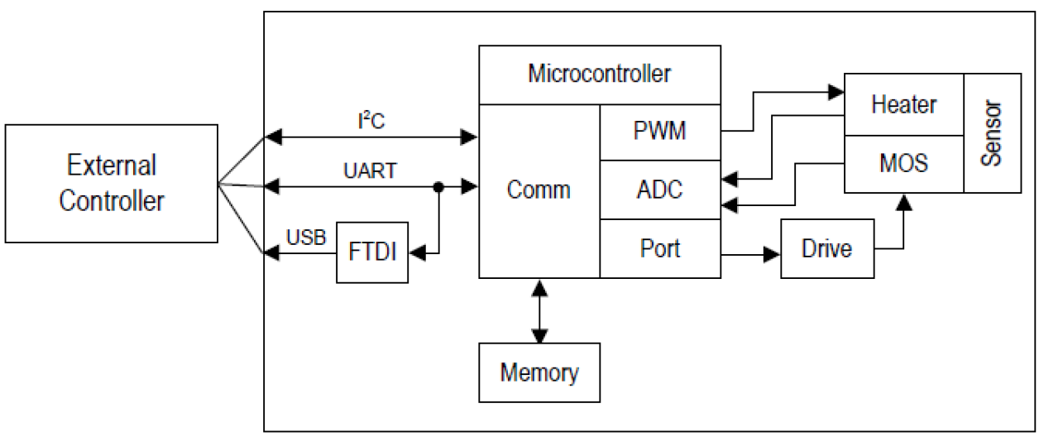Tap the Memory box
point(539,372)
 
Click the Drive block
point(827,248)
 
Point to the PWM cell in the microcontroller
point(659,132)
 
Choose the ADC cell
point(659,190)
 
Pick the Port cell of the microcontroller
point(659,248)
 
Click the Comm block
point(539,190)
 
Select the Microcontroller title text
point(600,74)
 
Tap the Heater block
point(903,104)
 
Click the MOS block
point(903,163)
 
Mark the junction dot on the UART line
point(439,189)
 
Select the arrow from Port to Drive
point(750,254)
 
